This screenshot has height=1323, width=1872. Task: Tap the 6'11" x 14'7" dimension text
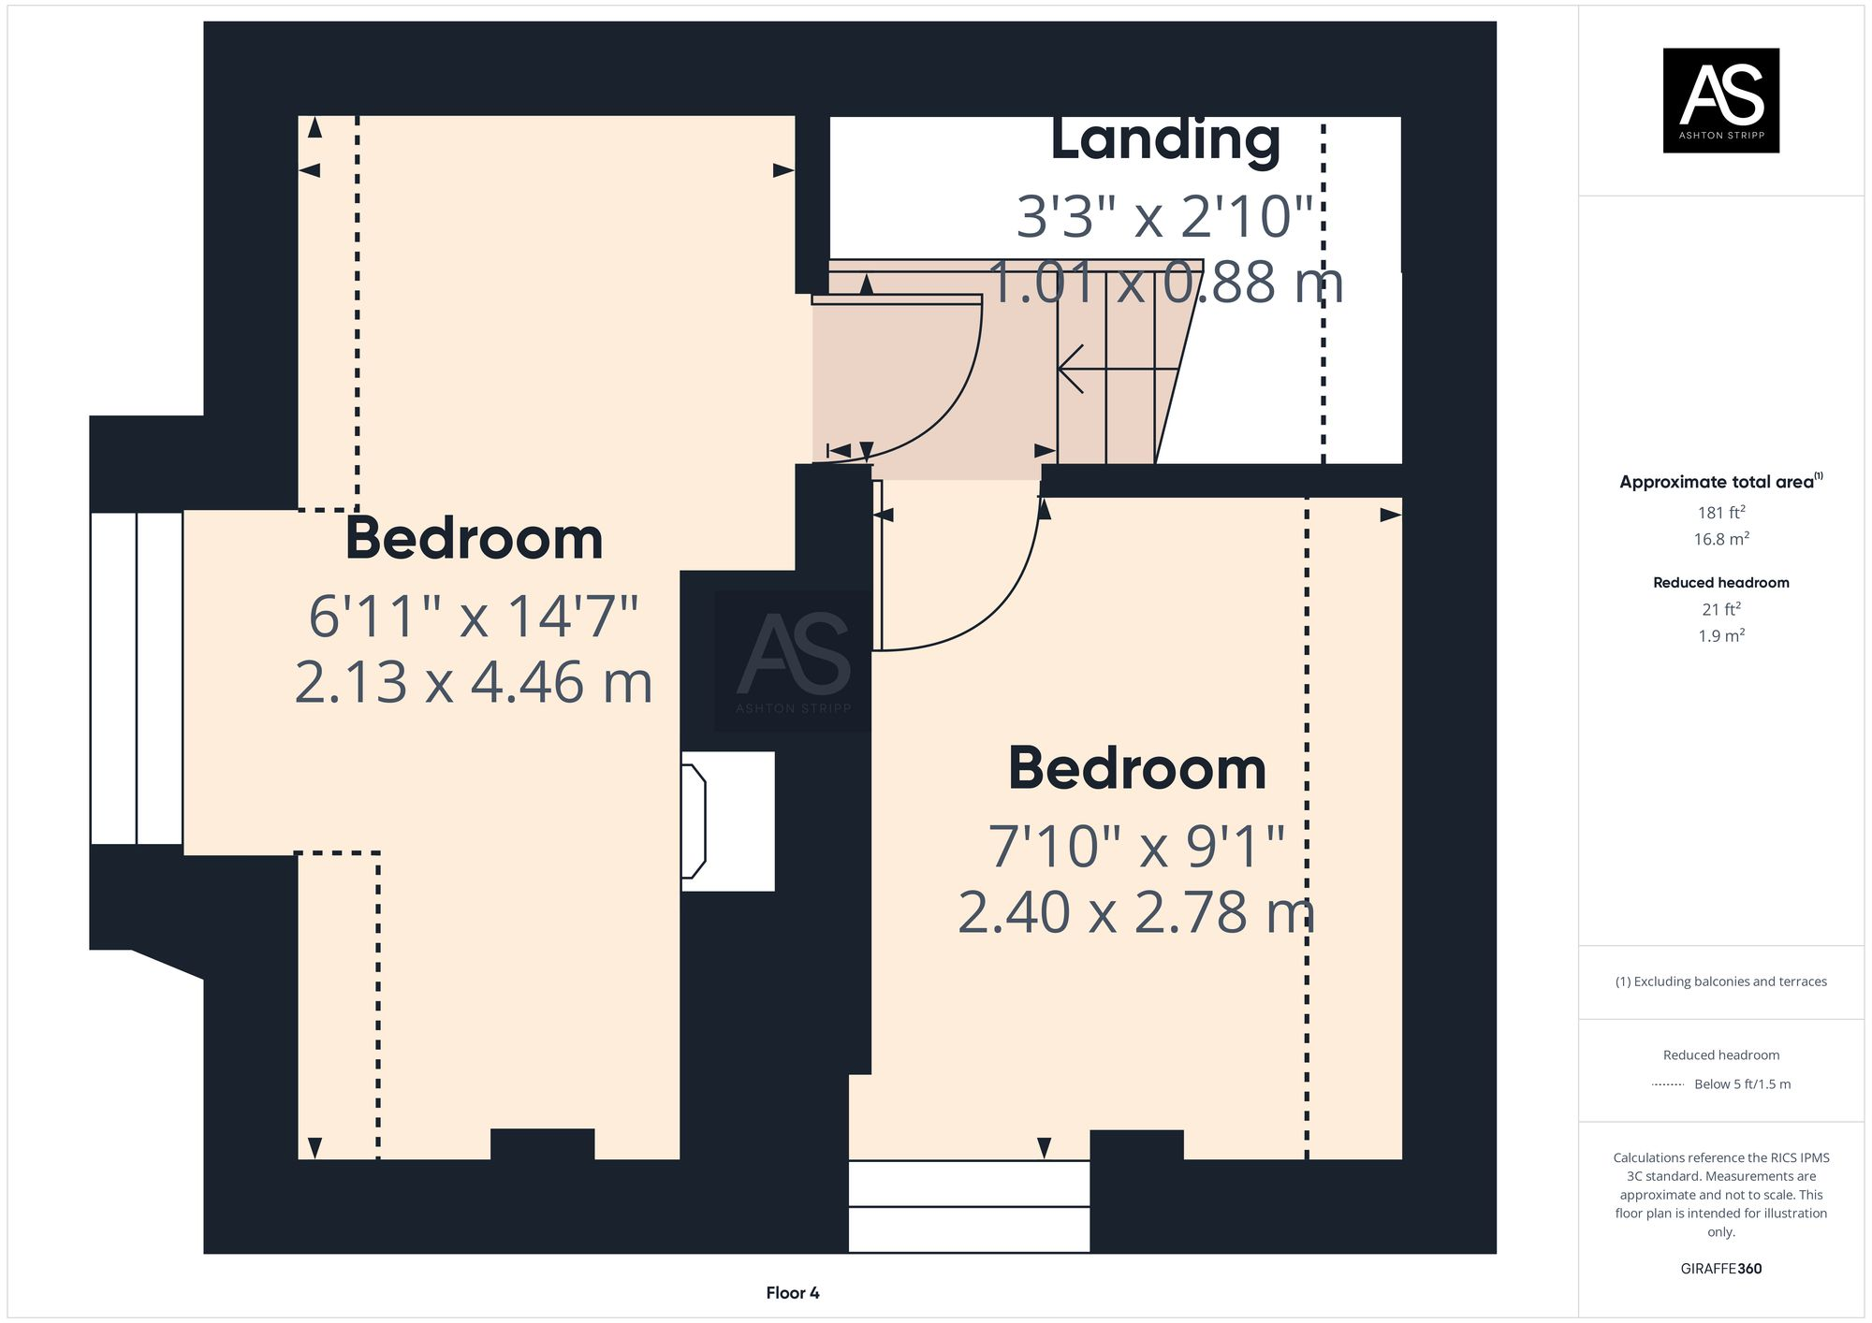[x=474, y=617]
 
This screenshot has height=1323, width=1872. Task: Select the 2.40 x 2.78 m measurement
[x=1135, y=912]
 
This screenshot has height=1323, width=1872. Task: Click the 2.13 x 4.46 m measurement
[x=474, y=682]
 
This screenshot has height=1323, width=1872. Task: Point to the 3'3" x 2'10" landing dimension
[x=1165, y=217]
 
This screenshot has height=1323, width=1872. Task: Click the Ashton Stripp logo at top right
[x=1720, y=100]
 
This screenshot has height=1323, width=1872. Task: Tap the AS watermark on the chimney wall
[x=793, y=661]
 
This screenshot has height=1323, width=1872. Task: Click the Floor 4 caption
[x=792, y=1293]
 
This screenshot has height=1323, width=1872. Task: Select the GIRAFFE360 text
[x=1720, y=1269]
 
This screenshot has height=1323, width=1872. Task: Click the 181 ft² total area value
[x=1720, y=513]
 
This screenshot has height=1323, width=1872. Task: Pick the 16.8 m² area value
[x=1720, y=540]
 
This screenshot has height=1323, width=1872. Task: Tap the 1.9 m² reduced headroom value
[x=1720, y=636]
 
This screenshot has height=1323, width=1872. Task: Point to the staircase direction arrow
[x=1076, y=369]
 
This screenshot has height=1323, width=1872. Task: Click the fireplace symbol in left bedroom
[x=694, y=821]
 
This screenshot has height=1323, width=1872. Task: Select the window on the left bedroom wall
[x=137, y=678]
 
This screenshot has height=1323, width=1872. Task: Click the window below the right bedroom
[x=969, y=1206]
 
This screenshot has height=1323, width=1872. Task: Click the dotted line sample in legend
[x=1668, y=1084]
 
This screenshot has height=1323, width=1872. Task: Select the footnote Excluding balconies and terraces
[x=1720, y=981]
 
